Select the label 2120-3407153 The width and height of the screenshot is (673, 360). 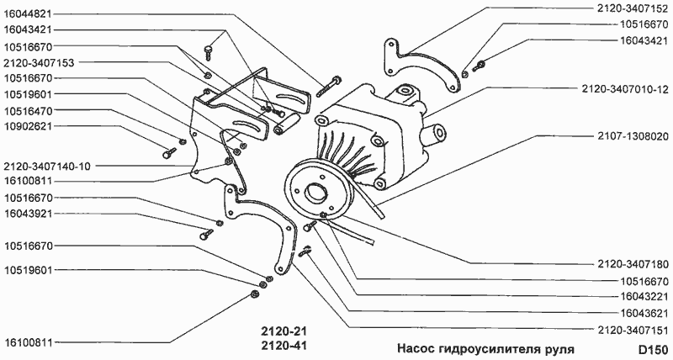point(39,62)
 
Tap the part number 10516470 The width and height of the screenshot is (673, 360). point(28,110)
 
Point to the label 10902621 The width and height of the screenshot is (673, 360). point(28,127)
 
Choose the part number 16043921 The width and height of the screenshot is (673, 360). point(28,214)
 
